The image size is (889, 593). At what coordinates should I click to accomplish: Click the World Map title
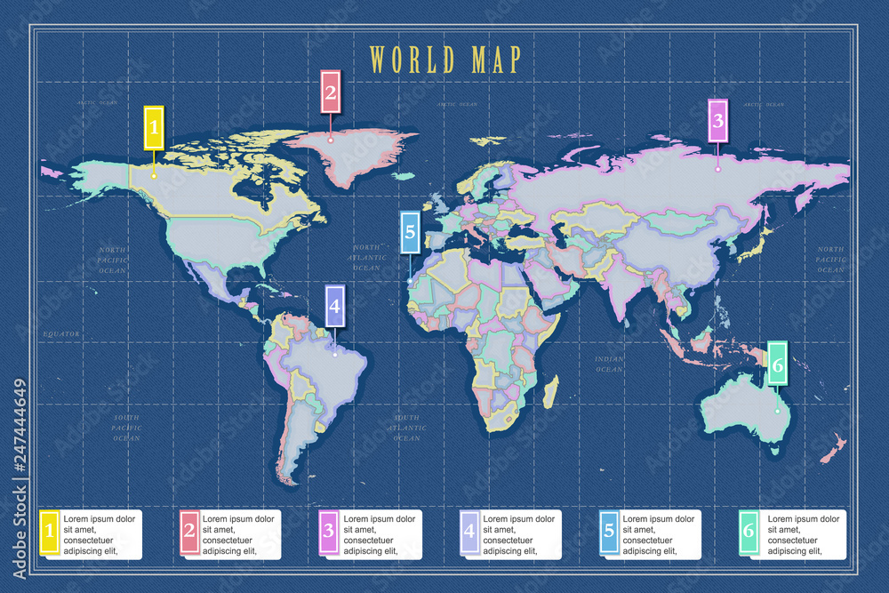pos(444,60)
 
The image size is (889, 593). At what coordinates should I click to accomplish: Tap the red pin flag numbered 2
pos(331,92)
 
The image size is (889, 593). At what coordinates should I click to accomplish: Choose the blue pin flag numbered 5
pos(409,233)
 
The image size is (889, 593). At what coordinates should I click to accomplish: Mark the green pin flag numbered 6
pos(777,365)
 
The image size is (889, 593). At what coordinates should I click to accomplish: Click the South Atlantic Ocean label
pos(406,428)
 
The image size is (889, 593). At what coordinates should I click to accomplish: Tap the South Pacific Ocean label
pos(126,427)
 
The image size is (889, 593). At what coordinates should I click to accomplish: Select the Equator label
pos(61,334)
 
